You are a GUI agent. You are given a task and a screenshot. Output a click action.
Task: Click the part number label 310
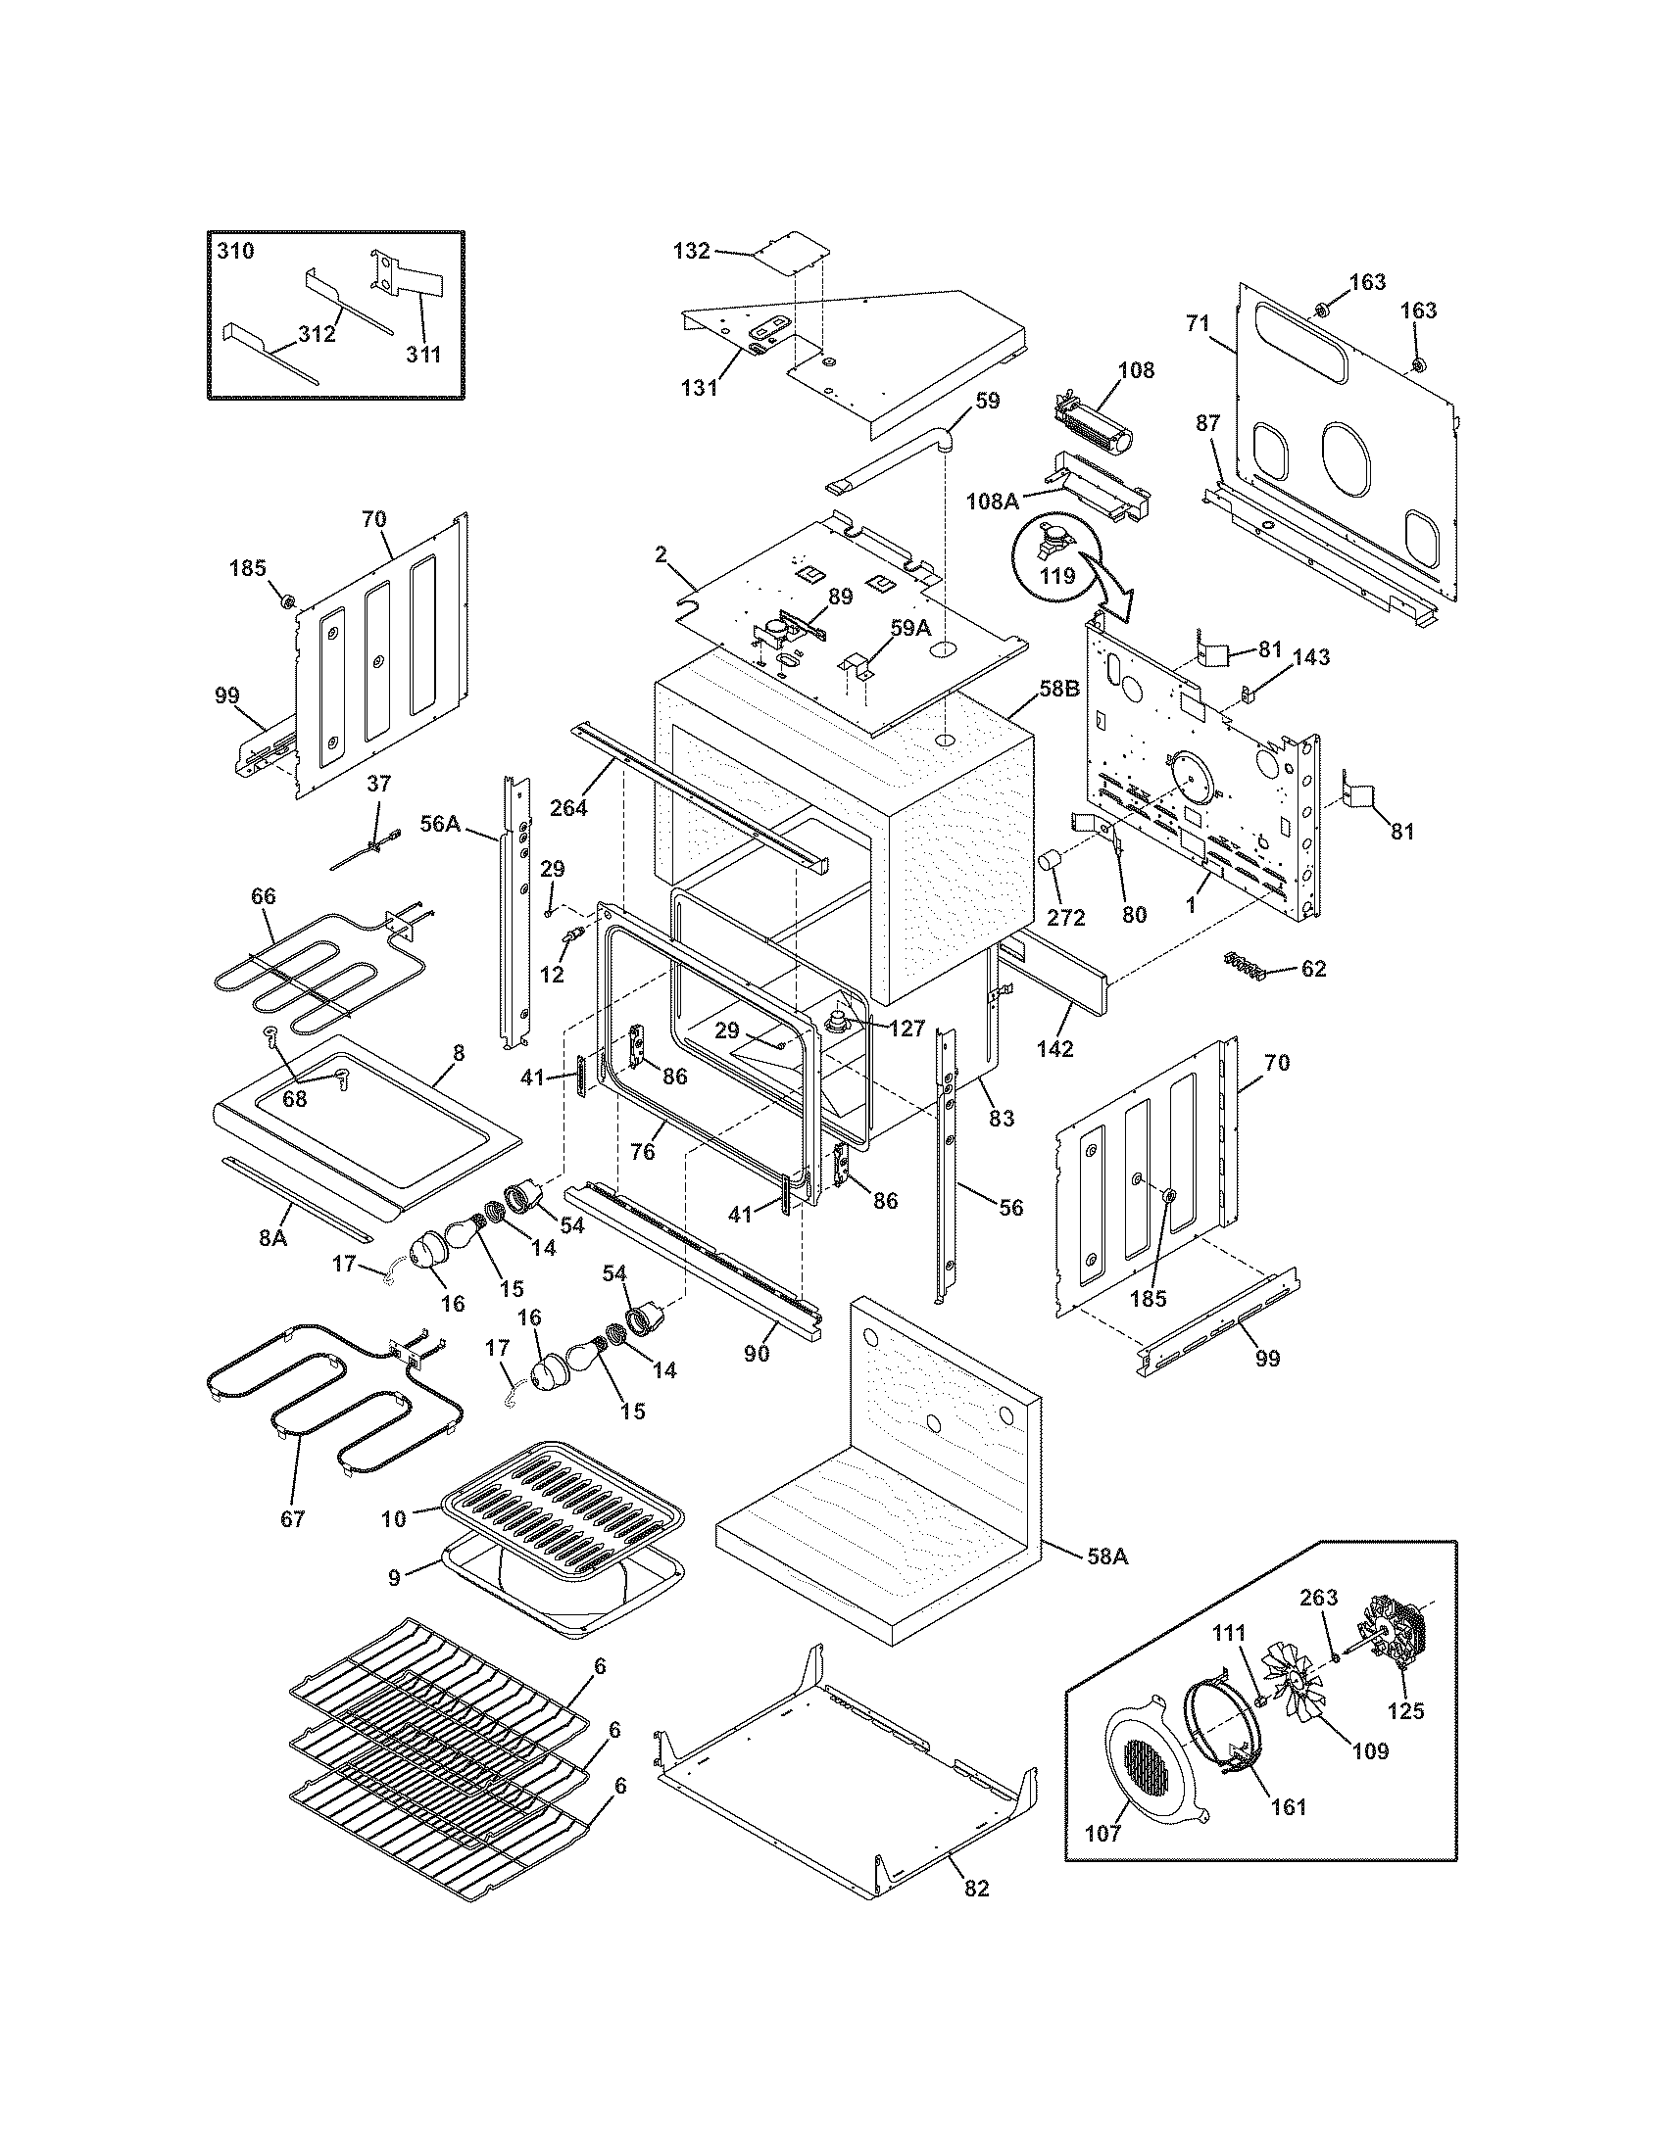coord(235,251)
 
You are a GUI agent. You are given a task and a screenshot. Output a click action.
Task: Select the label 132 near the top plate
coord(691,251)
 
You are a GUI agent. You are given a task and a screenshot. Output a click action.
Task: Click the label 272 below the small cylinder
coord(1065,918)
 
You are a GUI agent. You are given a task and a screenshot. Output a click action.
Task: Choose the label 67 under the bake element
coord(292,1518)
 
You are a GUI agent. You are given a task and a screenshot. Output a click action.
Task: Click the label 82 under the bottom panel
coord(975,1889)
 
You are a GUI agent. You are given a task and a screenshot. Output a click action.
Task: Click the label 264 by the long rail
coord(568,807)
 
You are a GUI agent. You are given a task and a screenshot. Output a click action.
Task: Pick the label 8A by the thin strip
coord(272,1236)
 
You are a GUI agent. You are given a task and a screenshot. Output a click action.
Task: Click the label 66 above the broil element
coord(264,896)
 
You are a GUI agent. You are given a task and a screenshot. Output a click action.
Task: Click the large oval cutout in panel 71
coord(1347,457)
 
